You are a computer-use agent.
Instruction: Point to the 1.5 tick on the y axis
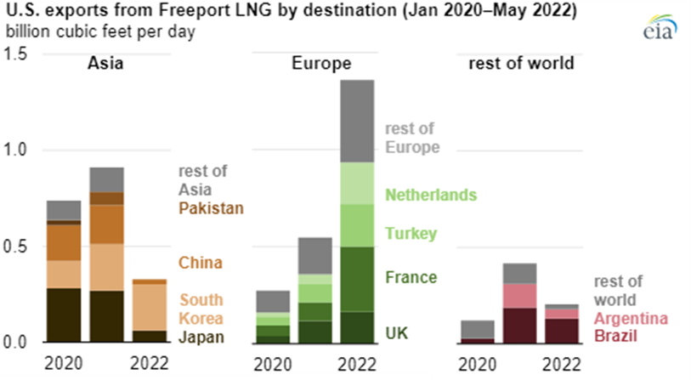point(17,54)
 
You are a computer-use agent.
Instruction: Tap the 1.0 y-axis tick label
point(17,150)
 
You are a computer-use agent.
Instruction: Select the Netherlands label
point(431,195)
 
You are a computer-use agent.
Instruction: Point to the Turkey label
point(411,233)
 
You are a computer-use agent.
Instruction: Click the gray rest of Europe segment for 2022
point(357,121)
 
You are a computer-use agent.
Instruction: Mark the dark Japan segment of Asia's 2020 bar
point(64,315)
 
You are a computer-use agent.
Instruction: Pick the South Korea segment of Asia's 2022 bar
point(150,307)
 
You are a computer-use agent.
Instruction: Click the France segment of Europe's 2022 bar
point(357,279)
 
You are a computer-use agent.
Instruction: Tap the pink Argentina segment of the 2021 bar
point(519,295)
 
